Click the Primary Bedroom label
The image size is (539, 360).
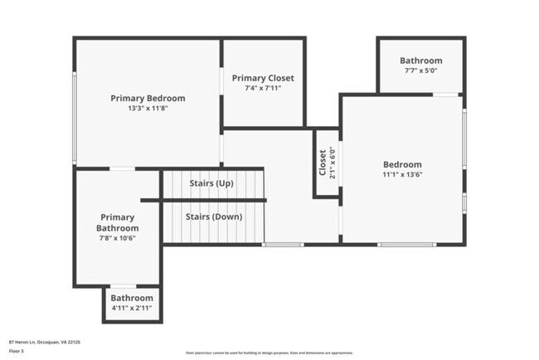point(148,98)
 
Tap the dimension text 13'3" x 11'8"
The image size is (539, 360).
point(148,108)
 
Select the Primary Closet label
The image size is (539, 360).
point(263,78)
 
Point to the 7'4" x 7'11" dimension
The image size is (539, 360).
point(263,88)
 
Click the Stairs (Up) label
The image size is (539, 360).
point(211,182)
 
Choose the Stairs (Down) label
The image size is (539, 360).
point(213,216)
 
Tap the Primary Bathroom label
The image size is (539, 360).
point(116,222)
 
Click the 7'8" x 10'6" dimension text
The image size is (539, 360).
point(116,237)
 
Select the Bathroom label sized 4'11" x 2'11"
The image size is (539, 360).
point(132,298)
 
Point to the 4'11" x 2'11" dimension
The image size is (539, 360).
point(132,308)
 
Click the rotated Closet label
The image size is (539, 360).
point(323,163)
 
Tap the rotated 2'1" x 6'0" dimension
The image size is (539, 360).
point(333,163)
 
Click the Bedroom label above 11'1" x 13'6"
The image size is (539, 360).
point(402,164)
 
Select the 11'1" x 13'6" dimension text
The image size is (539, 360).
point(402,174)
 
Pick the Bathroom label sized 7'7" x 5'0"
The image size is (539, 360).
point(420,61)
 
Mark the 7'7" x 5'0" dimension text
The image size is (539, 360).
point(420,71)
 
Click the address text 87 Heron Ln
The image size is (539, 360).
point(44,341)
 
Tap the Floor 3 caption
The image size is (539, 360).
point(17,351)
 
